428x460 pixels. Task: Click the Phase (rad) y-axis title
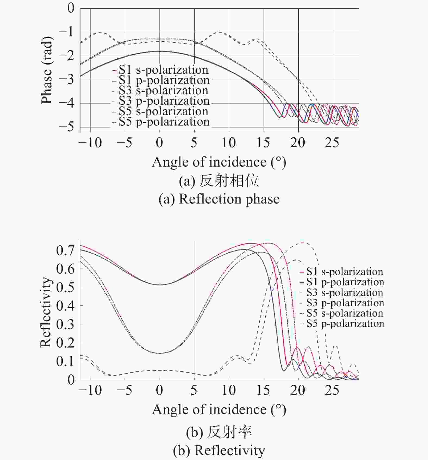click(x=47, y=70)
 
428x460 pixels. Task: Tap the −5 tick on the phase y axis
click(x=66, y=127)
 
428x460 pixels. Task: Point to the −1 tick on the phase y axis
click(x=66, y=32)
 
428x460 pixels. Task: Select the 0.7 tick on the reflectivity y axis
click(x=65, y=250)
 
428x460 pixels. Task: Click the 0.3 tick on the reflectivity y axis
click(x=65, y=324)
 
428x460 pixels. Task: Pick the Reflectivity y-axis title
click(x=46, y=312)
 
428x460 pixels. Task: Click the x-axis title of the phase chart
click(x=219, y=162)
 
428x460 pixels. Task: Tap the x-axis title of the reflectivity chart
click(x=219, y=409)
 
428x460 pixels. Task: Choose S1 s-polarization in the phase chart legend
click(x=163, y=70)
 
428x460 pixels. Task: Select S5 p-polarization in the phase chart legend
click(x=164, y=122)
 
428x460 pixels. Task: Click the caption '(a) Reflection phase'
click(x=219, y=199)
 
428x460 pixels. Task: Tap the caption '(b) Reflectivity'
click(x=219, y=450)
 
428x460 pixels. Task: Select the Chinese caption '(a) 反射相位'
click(x=219, y=181)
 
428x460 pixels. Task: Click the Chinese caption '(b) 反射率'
click(x=219, y=432)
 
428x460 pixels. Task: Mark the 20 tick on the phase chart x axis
click(x=298, y=143)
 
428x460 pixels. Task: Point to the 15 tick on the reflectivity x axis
click(x=263, y=390)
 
